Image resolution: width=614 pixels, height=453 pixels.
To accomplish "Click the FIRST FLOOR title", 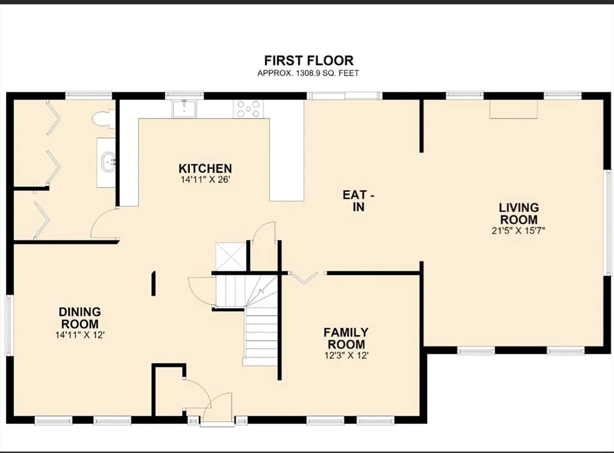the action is click(308, 60).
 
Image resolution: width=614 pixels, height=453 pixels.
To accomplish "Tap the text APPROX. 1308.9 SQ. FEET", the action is click(308, 73).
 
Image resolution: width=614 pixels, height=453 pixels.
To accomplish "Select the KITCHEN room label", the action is click(205, 169).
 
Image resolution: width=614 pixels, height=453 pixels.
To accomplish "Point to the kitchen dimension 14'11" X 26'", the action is click(205, 180).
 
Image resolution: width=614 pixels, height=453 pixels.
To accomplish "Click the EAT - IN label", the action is click(358, 201).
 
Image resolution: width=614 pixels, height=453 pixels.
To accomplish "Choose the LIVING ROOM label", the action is click(519, 213).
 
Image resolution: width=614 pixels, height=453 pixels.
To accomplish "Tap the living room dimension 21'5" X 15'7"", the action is click(518, 231).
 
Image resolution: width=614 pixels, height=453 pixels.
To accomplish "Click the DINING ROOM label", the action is click(80, 318).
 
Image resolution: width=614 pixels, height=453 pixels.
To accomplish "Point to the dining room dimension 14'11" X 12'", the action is click(80, 335).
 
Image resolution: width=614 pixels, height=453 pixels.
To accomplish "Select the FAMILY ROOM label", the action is click(346, 338).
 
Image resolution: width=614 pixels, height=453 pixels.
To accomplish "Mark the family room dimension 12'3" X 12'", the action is click(346, 355).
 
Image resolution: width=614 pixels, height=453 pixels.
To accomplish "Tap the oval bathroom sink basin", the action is click(109, 162).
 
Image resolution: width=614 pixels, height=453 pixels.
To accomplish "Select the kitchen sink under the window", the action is click(184, 109).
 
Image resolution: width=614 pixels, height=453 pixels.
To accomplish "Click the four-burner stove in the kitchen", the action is click(248, 109).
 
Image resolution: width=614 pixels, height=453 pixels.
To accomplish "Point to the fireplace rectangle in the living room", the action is click(514, 109).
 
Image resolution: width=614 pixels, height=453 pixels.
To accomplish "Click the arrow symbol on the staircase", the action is click(262, 291).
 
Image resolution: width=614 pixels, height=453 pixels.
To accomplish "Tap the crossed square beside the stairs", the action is click(231, 256).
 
